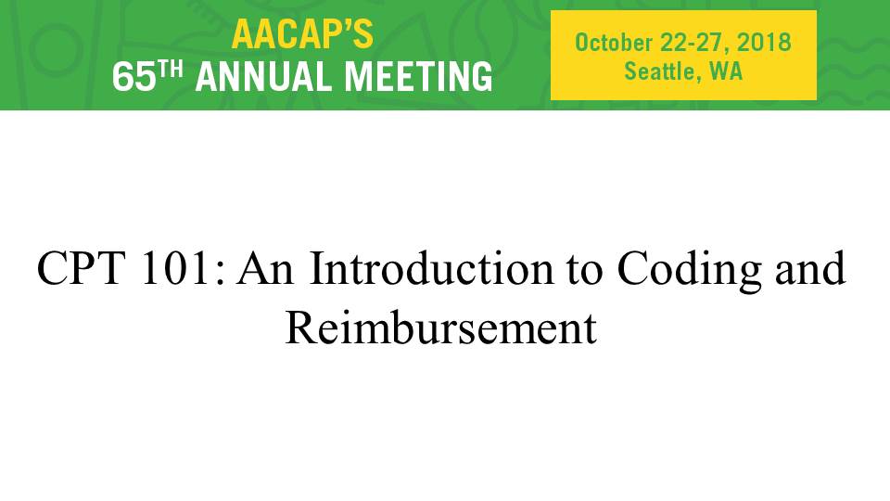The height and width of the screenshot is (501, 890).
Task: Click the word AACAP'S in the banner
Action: point(302,34)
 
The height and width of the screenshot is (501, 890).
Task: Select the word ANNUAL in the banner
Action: point(265,77)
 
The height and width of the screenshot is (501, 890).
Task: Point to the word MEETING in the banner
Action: point(419,77)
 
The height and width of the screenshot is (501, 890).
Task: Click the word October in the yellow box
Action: point(614,43)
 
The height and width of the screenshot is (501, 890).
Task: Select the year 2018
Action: point(764,43)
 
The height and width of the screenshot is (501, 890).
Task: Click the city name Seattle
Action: point(659,71)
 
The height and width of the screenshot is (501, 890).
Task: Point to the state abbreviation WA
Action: point(726,71)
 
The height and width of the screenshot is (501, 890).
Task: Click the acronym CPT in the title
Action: point(81,267)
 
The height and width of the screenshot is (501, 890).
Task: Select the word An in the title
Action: point(266,267)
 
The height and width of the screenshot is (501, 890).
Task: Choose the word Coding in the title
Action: point(689,271)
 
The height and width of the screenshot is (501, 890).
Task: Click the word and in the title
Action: point(810,267)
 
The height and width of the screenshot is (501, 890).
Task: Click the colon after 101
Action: point(221,274)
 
